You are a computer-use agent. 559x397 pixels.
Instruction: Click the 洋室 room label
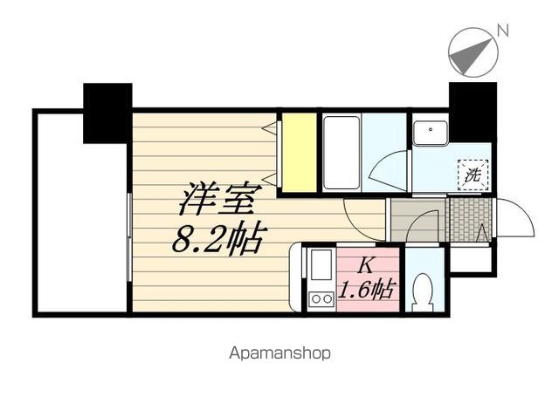pyautogui.click(x=217, y=202)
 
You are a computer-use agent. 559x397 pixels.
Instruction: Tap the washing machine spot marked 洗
pyautogui.click(x=473, y=173)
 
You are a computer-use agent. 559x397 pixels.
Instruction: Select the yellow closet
pyautogui.click(x=298, y=151)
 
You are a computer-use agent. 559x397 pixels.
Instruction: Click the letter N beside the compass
pyautogui.click(x=502, y=31)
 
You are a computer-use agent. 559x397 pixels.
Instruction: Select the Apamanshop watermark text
pyautogui.click(x=279, y=354)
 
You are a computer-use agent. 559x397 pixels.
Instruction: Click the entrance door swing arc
pyautogui.click(x=515, y=216)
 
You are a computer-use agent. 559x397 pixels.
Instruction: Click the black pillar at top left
pyautogui.click(x=107, y=112)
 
